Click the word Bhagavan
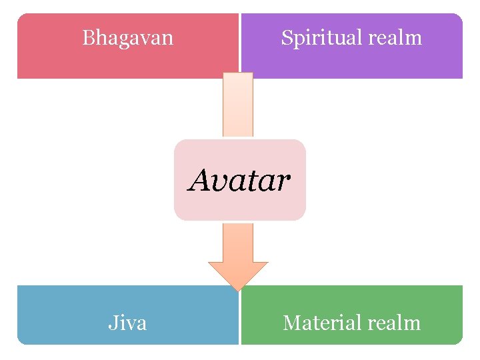[127, 37]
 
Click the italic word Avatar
[240, 179]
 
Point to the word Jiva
[127, 323]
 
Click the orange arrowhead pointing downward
[238, 273]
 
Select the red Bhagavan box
[67, 60]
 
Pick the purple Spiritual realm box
[413, 63]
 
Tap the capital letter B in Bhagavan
[88, 37]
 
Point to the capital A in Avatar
[200, 179]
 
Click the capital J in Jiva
[113, 323]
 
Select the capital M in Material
[291, 323]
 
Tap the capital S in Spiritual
[286, 38]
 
